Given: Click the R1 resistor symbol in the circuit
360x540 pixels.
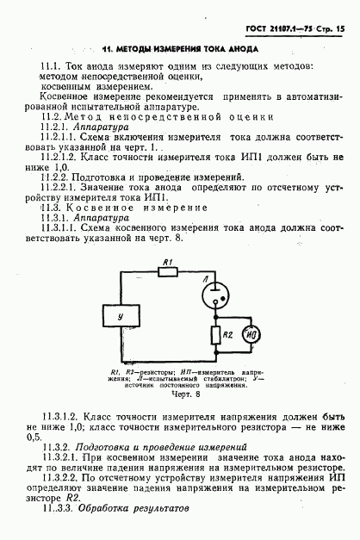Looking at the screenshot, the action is click(x=167, y=273).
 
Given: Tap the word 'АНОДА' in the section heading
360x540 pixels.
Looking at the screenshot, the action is click(x=244, y=50).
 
